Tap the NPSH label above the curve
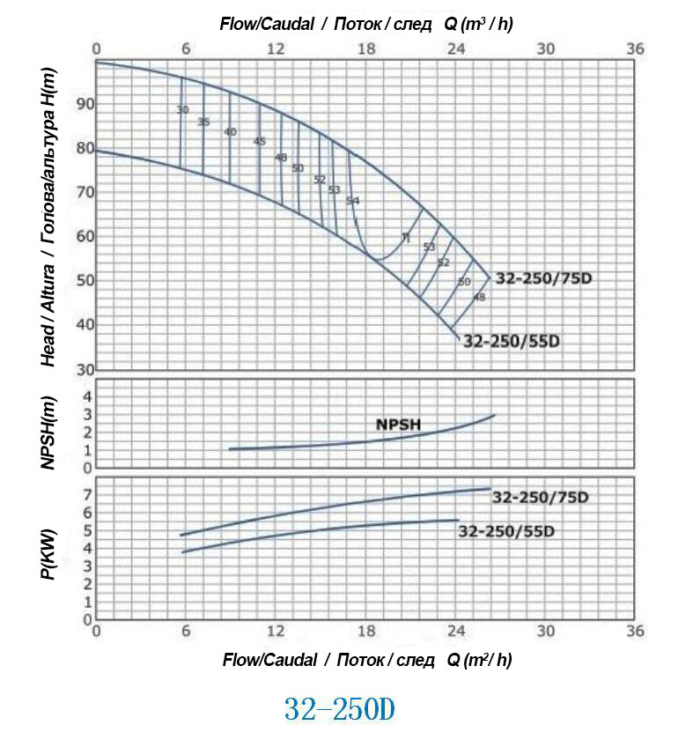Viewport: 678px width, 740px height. pos(399,424)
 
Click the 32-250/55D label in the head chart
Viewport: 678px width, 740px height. pos(511,342)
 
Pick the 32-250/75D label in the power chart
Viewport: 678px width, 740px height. pos(541,498)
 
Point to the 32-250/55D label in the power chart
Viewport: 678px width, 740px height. pos(508,531)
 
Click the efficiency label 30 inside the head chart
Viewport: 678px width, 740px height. pos(182,110)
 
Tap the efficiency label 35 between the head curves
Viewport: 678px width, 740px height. pos(203,122)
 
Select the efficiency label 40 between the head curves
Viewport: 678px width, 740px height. pos(231,132)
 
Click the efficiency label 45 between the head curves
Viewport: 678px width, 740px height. pos(259,142)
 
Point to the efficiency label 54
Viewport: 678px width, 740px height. pos(353,201)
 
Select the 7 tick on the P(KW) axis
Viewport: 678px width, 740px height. pos(87,495)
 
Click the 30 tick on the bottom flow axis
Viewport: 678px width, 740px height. pos(546,632)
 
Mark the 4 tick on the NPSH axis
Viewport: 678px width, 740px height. pos(87,397)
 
